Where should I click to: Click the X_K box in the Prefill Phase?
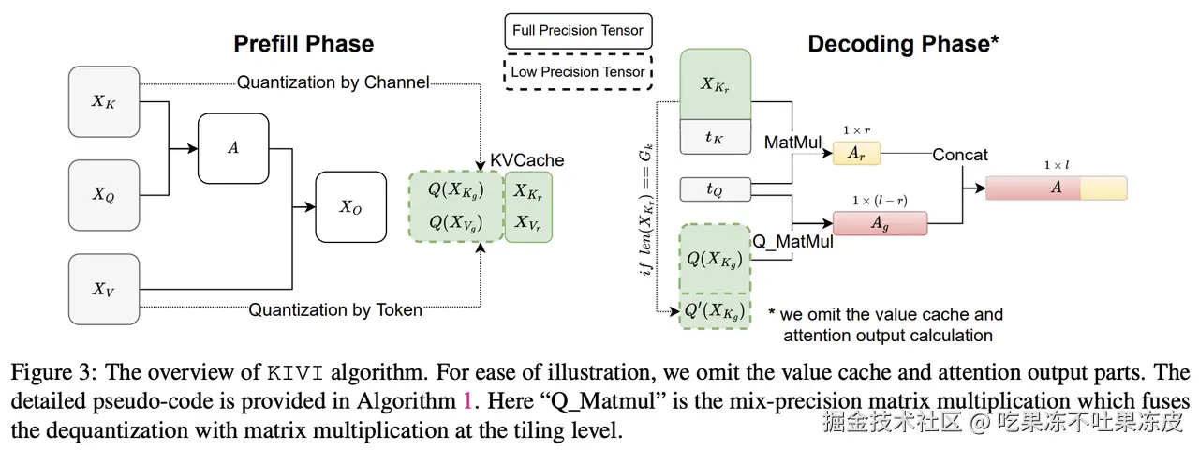click(x=104, y=101)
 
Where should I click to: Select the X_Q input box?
click(x=104, y=194)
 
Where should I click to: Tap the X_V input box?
click(x=104, y=288)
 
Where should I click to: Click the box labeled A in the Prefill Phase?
click(x=232, y=147)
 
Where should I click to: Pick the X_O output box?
click(x=350, y=206)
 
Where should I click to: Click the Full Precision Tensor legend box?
click(x=578, y=30)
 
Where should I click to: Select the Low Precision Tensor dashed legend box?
click(x=578, y=71)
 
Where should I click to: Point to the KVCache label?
click(x=527, y=160)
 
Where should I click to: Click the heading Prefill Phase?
click(x=303, y=44)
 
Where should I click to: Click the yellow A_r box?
click(x=857, y=154)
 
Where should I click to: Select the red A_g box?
click(x=880, y=223)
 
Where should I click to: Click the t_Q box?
click(x=714, y=189)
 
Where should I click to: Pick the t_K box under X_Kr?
click(x=714, y=137)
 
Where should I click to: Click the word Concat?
click(x=960, y=155)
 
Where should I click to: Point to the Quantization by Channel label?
click(x=333, y=82)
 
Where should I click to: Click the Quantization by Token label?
click(x=335, y=309)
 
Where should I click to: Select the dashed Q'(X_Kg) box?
click(x=714, y=310)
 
